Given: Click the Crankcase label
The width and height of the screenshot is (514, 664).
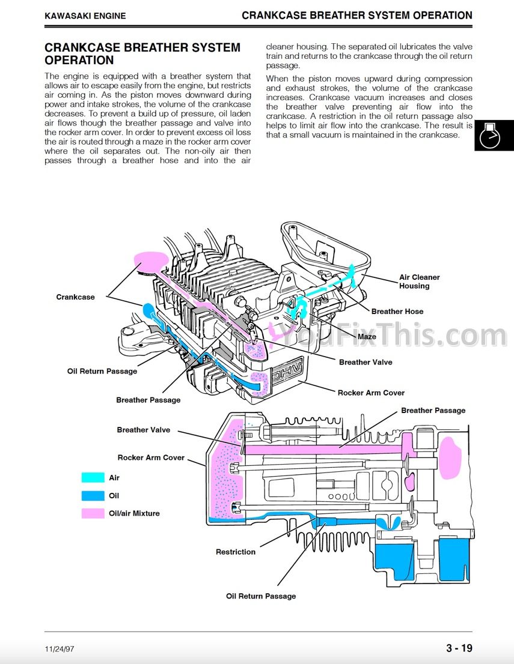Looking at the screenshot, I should coord(75,297).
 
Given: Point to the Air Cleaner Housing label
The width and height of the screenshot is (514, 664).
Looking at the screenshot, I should coord(419,282).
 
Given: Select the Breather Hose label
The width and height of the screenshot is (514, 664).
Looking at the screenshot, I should coord(397,312).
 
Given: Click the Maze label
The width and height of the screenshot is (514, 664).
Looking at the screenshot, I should coord(367,337).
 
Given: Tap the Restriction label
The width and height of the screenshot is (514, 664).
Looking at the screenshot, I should coord(235,552).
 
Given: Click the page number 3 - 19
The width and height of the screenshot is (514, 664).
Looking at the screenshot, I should coord(459,648).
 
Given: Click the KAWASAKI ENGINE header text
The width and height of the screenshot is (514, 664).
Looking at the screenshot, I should coord(85,16).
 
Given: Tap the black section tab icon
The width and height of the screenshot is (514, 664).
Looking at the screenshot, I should coord(494,136).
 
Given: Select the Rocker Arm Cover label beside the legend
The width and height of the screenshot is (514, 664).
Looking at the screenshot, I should coord(151,457).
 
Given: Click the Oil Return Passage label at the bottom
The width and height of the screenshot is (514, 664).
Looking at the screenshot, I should coord(261,596).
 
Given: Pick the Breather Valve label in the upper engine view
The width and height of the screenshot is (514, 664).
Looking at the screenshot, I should coord(366,363).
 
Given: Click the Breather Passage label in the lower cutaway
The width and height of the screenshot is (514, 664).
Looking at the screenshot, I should coord(433,411).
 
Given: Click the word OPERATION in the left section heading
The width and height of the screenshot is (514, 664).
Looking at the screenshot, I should coord(79,60).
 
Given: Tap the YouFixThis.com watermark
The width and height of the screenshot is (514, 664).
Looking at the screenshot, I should coord(391,335).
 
